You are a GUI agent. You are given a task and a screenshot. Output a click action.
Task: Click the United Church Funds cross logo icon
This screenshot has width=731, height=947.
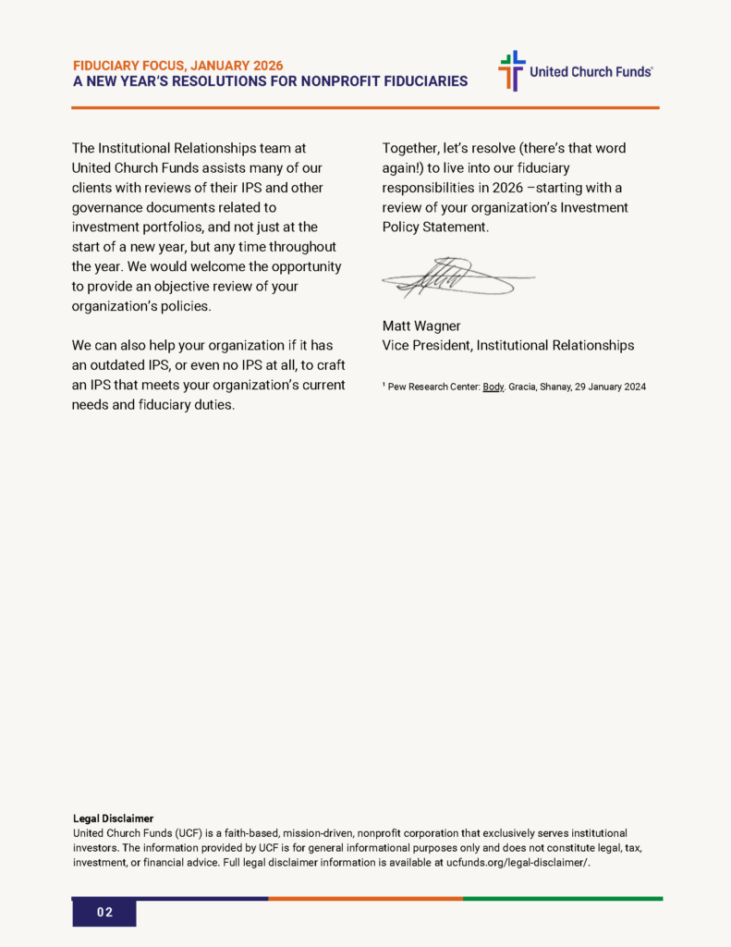pos(511,70)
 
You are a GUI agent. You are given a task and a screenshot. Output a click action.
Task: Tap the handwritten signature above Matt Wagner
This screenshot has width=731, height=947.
pos(458,276)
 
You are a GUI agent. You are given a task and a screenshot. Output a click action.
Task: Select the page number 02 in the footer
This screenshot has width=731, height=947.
pos(104,913)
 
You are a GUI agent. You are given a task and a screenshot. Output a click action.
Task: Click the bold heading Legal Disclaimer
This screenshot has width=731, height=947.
pos(113,818)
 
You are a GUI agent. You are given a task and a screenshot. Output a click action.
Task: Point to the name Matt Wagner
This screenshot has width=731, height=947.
pos(420,325)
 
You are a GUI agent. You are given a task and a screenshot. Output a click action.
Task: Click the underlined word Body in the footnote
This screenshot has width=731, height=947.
pos(493,387)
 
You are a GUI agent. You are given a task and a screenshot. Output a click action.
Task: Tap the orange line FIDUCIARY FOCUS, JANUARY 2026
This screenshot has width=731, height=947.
pos(177,66)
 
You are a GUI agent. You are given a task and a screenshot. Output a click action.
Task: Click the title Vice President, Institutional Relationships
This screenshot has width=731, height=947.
pos(507,345)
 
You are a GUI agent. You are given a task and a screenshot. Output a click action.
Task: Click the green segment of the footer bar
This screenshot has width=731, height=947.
pos(563,898)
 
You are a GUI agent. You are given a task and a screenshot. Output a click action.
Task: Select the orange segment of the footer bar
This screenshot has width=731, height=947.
pos(365,898)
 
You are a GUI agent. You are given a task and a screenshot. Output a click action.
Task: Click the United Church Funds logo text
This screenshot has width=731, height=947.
pos(591,71)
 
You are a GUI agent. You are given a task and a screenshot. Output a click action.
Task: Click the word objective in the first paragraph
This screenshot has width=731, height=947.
pos(174,286)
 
